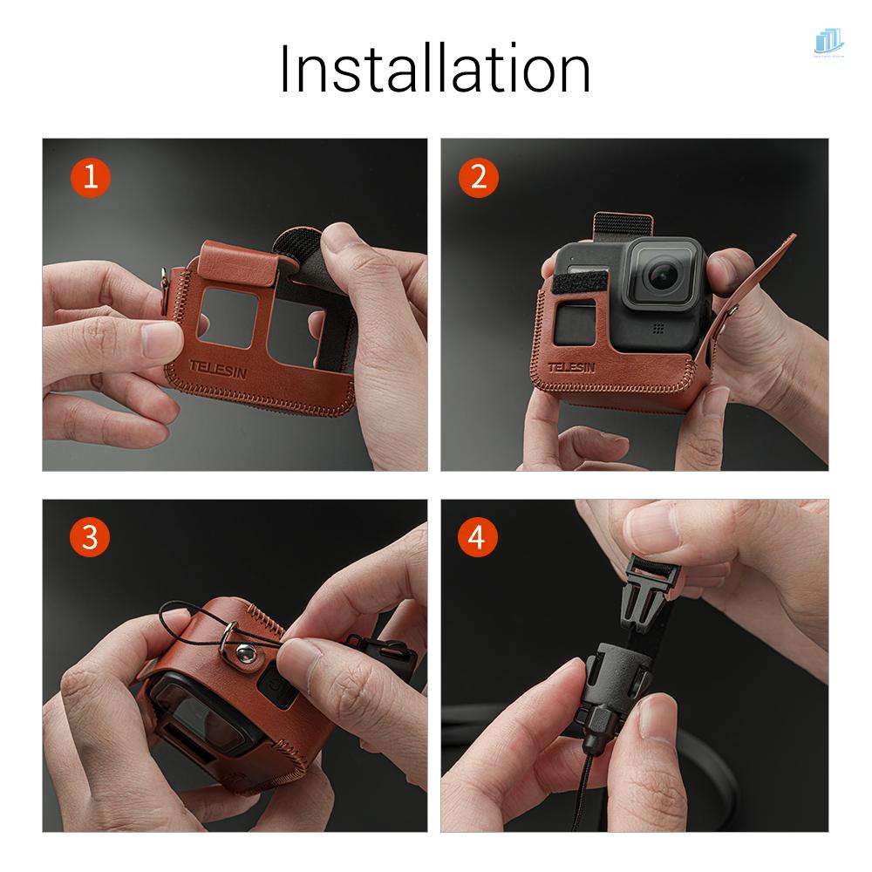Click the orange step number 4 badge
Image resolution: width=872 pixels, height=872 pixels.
pyautogui.click(x=478, y=537)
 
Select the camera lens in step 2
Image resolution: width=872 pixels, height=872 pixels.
pyautogui.click(x=661, y=274)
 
